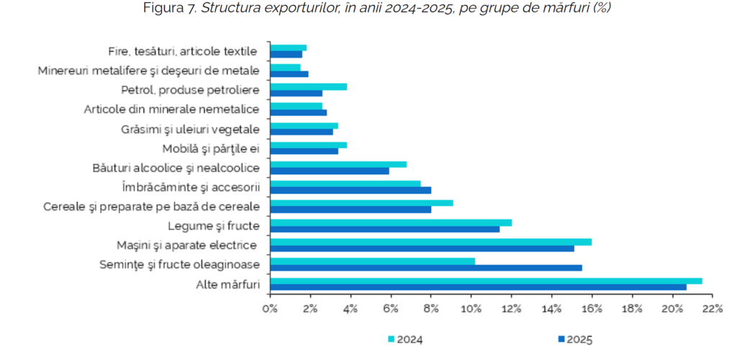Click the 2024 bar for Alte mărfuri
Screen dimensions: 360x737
(486, 281)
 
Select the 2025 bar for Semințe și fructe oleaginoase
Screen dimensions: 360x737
(425, 268)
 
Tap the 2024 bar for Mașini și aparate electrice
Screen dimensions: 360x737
(430, 242)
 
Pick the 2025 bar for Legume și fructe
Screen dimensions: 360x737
(384, 229)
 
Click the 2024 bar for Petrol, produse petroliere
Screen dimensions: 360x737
(308, 86)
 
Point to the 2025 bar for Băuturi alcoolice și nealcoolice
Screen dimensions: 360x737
(329, 171)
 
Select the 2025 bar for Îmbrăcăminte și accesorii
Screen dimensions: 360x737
(350, 190)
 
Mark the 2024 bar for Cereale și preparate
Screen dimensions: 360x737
(361, 203)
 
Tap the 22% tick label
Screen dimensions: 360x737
(713, 310)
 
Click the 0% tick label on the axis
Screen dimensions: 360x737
(270, 310)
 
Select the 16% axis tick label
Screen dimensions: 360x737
(592, 310)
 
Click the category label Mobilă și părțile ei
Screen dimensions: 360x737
(210, 149)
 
